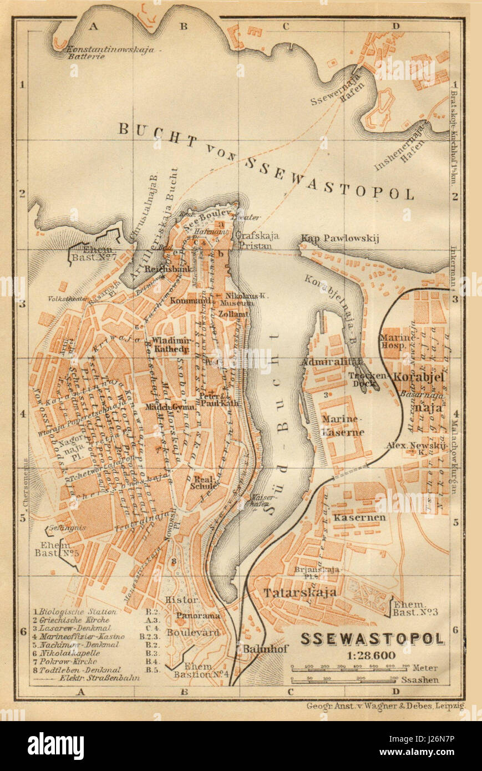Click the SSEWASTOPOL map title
[372, 639]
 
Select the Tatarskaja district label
[300, 592]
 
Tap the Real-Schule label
[205, 482]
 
